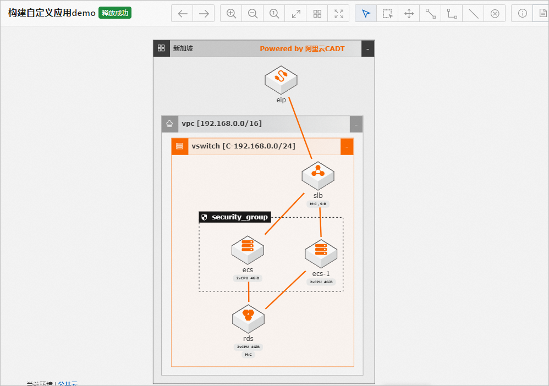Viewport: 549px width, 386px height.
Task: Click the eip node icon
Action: coord(281,80)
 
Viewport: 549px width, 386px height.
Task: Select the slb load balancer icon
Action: coord(318,175)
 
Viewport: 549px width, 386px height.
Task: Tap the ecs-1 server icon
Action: coord(321,253)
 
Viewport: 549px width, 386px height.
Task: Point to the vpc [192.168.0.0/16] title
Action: coord(222,124)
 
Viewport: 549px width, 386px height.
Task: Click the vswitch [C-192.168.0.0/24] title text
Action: coord(243,146)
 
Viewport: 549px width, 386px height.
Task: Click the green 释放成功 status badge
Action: coord(115,13)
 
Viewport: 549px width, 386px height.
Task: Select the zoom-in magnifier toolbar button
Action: coord(232,14)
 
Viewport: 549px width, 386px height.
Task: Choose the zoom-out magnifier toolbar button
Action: coord(253,14)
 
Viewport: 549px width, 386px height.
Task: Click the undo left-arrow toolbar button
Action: coord(183,14)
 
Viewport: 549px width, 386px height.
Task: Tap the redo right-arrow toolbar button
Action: coord(204,14)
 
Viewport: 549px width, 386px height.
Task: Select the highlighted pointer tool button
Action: coord(366,14)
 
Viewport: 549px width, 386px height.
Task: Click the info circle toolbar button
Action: coord(523,14)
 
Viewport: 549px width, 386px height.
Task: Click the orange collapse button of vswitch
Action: coord(347,147)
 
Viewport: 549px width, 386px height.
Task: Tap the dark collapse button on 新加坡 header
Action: coord(368,49)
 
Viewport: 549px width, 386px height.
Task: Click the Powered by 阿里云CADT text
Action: coord(302,49)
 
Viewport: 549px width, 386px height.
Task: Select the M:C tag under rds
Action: coord(248,355)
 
